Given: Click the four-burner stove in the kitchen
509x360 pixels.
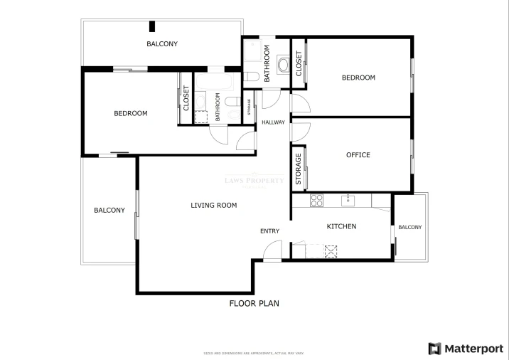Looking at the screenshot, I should coord(317,200).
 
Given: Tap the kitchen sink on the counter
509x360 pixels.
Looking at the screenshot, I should coord(348,200).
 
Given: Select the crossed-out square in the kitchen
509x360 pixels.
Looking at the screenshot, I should coord(331,250).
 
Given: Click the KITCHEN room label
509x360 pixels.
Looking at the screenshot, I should coord(341,227).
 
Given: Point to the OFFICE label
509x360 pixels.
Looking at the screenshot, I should coord(358,155).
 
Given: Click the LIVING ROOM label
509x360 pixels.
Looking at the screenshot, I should coord(213,206).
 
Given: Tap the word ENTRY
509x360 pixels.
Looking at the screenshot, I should coord(269,231).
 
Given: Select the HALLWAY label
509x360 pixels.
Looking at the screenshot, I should coord(273,122).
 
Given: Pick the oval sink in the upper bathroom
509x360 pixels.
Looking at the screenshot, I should coord(283,66).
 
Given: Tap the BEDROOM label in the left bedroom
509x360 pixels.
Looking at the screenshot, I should coord(131,114).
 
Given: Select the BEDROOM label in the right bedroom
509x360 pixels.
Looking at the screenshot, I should coord(358,78).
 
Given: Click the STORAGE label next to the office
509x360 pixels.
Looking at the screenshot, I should coord(299,169).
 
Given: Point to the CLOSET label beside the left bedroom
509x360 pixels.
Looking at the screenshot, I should coord(186,100).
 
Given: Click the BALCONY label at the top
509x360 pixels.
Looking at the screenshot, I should coord(162,44).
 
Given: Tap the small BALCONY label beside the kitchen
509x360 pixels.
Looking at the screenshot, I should coord(409,228).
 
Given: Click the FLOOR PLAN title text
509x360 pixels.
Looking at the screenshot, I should coord(254,304).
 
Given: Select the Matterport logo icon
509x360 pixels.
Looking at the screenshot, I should coord(434,348).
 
